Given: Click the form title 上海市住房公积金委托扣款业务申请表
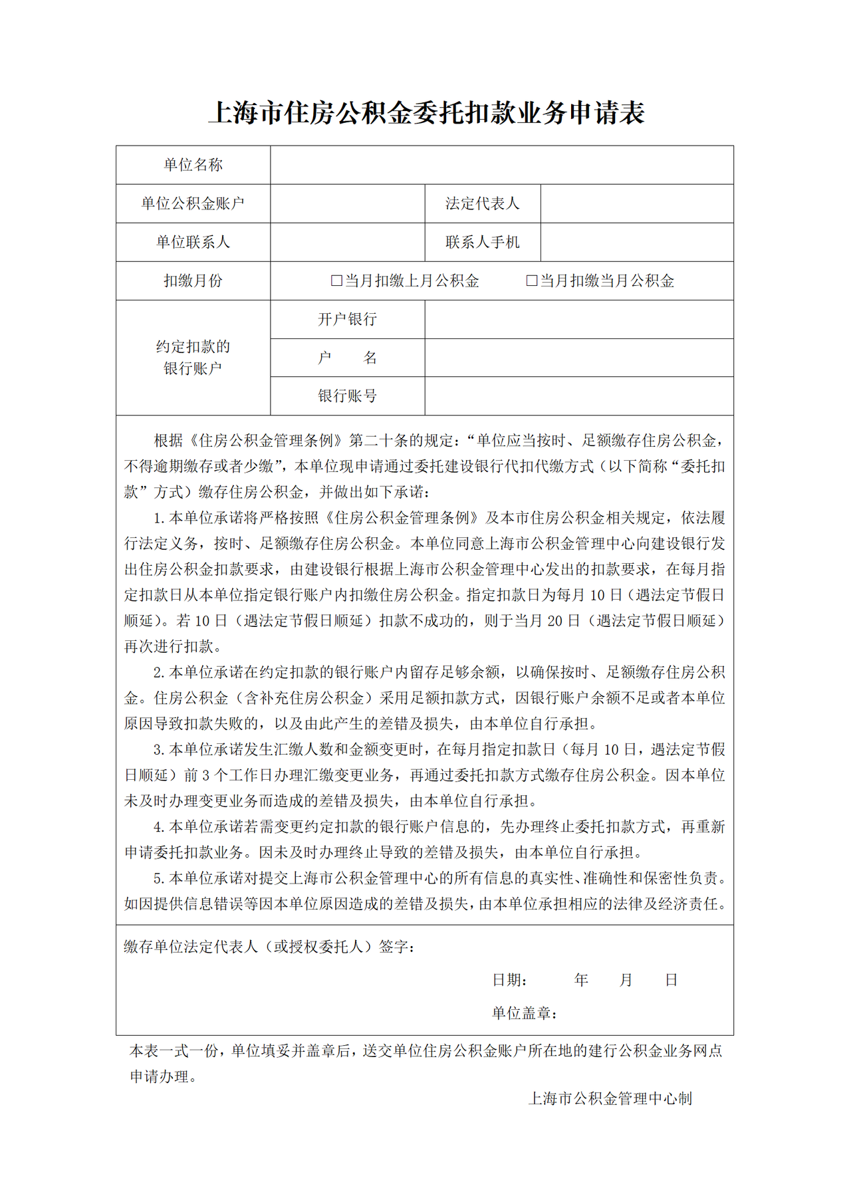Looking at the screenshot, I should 426,113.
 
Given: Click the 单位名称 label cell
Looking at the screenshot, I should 193,165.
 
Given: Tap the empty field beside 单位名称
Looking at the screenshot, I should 501,165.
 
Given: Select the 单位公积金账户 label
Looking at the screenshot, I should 193,203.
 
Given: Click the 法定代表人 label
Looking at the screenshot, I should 482,203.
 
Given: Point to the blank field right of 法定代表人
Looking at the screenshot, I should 636,203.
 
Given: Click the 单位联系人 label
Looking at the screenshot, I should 193,242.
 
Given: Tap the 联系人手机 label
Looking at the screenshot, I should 482,242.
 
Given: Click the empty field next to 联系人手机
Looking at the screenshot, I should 636,242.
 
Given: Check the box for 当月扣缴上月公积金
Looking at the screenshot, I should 336,281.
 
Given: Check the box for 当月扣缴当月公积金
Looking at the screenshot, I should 531,281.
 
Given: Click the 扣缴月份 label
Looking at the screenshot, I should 193,281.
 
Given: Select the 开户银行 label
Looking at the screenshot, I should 347,319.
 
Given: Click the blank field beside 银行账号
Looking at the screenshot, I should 578,396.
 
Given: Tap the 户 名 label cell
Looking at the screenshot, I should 347,358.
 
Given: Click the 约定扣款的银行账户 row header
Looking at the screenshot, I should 193,357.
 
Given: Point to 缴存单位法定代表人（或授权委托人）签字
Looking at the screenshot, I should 269,946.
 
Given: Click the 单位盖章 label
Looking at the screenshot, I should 524,1013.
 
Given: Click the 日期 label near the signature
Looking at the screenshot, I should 509,980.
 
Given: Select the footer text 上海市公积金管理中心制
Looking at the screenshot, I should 610,1098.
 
